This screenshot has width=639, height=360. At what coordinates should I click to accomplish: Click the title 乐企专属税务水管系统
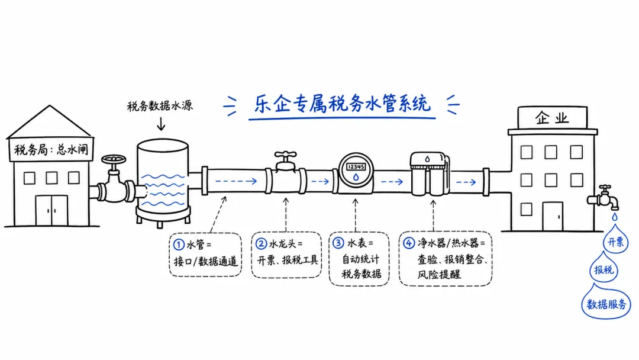(x=343, y=104)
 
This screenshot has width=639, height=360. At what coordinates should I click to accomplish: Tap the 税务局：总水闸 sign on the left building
(x=50, y=149)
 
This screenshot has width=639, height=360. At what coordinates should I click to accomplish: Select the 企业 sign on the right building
(x=552, y=118)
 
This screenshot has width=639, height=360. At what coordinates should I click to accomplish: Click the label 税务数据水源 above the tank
(x=160, y=106)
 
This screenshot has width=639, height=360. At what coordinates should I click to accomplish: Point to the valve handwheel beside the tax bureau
(x=114, y=159)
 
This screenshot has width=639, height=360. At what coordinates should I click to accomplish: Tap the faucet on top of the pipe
(x=285, y=161)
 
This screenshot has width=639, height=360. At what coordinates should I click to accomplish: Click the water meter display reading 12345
(x=356, y=167)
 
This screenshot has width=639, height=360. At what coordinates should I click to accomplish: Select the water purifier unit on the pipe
(x=430, y=173)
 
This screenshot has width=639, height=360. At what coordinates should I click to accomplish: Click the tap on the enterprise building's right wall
(x=603, y=197)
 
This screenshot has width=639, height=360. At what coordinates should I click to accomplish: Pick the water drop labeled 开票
(x=615, y=239)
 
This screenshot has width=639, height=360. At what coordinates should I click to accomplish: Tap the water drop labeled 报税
(x=603, y=267)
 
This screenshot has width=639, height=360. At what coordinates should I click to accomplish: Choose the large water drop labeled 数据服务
(x=606, y=302)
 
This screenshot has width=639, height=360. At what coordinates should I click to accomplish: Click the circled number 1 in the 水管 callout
(x=179, y=245)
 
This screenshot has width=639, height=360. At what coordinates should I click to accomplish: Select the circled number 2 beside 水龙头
(x=262, y=244)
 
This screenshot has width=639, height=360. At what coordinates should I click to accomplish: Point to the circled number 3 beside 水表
(x=338, y=243)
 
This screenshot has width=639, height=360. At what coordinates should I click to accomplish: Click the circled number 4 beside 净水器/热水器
(x=409, y=243)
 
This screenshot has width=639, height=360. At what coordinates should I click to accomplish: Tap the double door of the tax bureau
(x=51, y=210)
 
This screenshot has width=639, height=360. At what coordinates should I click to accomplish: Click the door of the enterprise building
(x=553, y=216)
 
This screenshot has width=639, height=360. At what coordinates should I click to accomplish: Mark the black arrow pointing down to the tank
(x=161, y=124)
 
